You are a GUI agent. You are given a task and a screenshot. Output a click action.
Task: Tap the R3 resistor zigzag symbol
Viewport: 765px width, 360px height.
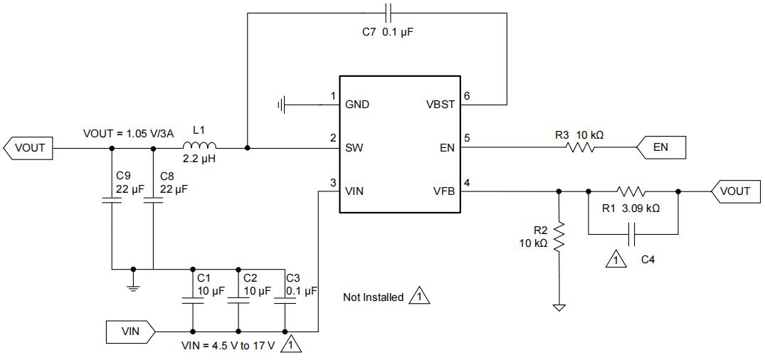[580, 147]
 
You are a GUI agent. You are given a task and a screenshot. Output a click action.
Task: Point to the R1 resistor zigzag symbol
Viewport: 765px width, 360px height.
[631, 191]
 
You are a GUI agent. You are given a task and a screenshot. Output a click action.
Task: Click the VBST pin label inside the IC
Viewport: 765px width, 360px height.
[439, 105]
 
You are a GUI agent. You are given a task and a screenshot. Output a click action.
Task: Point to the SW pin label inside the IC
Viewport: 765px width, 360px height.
[354, 148]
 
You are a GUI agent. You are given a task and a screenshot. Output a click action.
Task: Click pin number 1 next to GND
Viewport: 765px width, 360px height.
[332, 95]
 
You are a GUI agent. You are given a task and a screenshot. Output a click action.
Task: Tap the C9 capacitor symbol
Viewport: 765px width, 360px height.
[112, 201]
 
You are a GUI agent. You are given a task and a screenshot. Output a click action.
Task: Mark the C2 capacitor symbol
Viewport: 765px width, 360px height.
[238, 301]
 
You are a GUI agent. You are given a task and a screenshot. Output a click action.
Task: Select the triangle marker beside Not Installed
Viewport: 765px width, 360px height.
[420, 297]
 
